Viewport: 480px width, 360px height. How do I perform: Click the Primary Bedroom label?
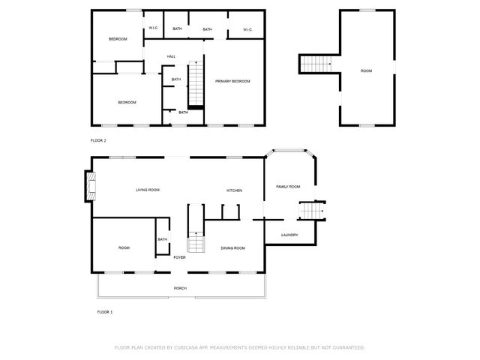pos(232,81)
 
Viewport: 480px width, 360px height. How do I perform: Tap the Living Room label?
pos(148,190)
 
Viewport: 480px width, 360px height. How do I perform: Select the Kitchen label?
pos(235,190)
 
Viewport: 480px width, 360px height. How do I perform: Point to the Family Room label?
pos(288,187)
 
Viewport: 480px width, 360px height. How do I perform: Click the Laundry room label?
pos(289,235)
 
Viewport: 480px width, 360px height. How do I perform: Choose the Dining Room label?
pos(232,247)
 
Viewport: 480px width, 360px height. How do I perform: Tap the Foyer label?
pos(180,257)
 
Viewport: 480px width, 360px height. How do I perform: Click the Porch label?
pos(180,288)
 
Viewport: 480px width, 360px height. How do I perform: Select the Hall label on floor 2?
pos(172,57)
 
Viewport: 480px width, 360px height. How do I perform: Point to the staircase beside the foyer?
pos(196,233)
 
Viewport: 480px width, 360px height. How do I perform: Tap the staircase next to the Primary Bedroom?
pos(195,85)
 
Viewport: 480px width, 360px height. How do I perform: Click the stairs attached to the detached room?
pos(316,64)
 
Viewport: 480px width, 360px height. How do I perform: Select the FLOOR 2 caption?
pos(98,140)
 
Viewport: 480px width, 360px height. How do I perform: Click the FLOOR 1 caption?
pos(104,311)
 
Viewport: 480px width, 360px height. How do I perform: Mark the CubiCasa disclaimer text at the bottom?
pos(240,347)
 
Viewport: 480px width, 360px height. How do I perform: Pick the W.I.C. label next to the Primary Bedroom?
pos(248,29)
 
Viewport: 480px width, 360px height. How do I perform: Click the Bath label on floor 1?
pos(163,239)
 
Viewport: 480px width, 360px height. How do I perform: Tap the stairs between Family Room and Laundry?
pos(310,211)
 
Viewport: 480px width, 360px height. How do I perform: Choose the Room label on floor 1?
pos(124,247)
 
